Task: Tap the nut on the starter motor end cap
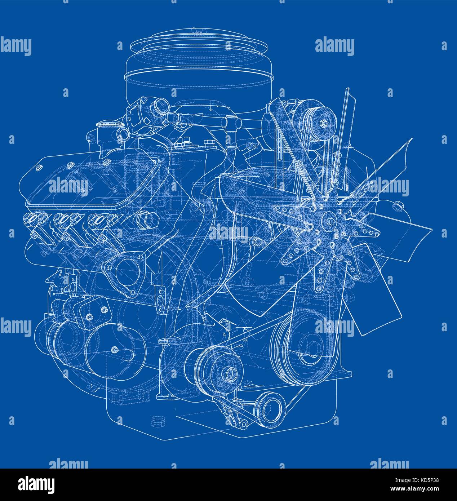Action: click(115, 349)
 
